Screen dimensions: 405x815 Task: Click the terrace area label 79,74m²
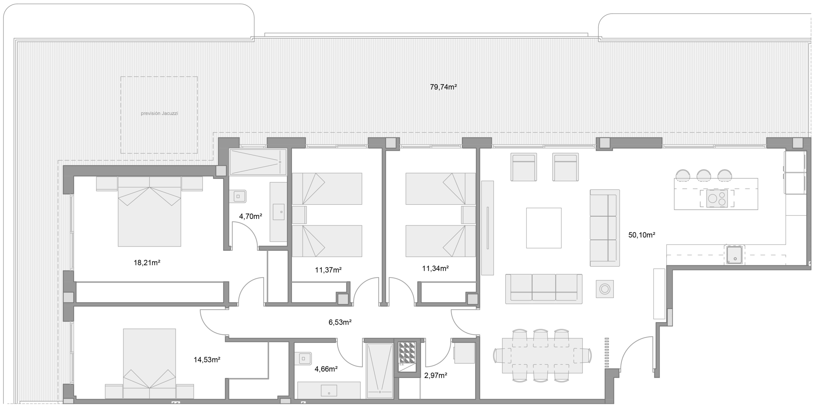pyautogui.click(x=443, y=87)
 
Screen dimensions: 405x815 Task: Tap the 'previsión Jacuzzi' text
pyautogui.click(x=159, y=113)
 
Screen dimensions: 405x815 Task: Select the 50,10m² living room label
pyautogui.click(x=641, y=235)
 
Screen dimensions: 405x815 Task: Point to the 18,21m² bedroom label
pyautogui.click(x=147, y=263)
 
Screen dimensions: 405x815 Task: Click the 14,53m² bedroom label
pyautogui.click(x=207, y=360)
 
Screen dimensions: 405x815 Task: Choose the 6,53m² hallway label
pyautogui.click(x=340, y=322)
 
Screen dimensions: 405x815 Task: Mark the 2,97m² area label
pyautogui.click(x=436, y=376)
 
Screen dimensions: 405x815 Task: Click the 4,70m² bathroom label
pyautogui.click(x=251, y=217)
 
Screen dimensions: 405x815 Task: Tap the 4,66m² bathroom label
pyautogui.click(x=326, y=369)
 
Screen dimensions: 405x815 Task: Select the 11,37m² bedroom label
pyautogui.click(x=328, y=270)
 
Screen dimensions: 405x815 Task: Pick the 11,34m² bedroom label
pyautogui.click(x=435, y=269)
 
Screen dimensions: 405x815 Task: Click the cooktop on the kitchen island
pyautogui.click(x=717, y=199)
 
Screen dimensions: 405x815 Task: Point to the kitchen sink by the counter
pyautogui.click(x=734, y=255)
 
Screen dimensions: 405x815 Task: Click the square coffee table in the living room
pyautogui.click(x=543, y=228)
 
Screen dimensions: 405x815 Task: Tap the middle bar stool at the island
pyautogui.click(x=704, y=175)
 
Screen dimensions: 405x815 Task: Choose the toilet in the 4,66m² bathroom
pyautogui.click(x=305, y=358)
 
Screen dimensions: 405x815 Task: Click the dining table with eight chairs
pyautogui.click(x=542, y=356)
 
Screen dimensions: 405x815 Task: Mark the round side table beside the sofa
pyautogui.click(x=605, y=289)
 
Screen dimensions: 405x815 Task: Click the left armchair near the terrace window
pyautogui.click(x=523, y=167)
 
